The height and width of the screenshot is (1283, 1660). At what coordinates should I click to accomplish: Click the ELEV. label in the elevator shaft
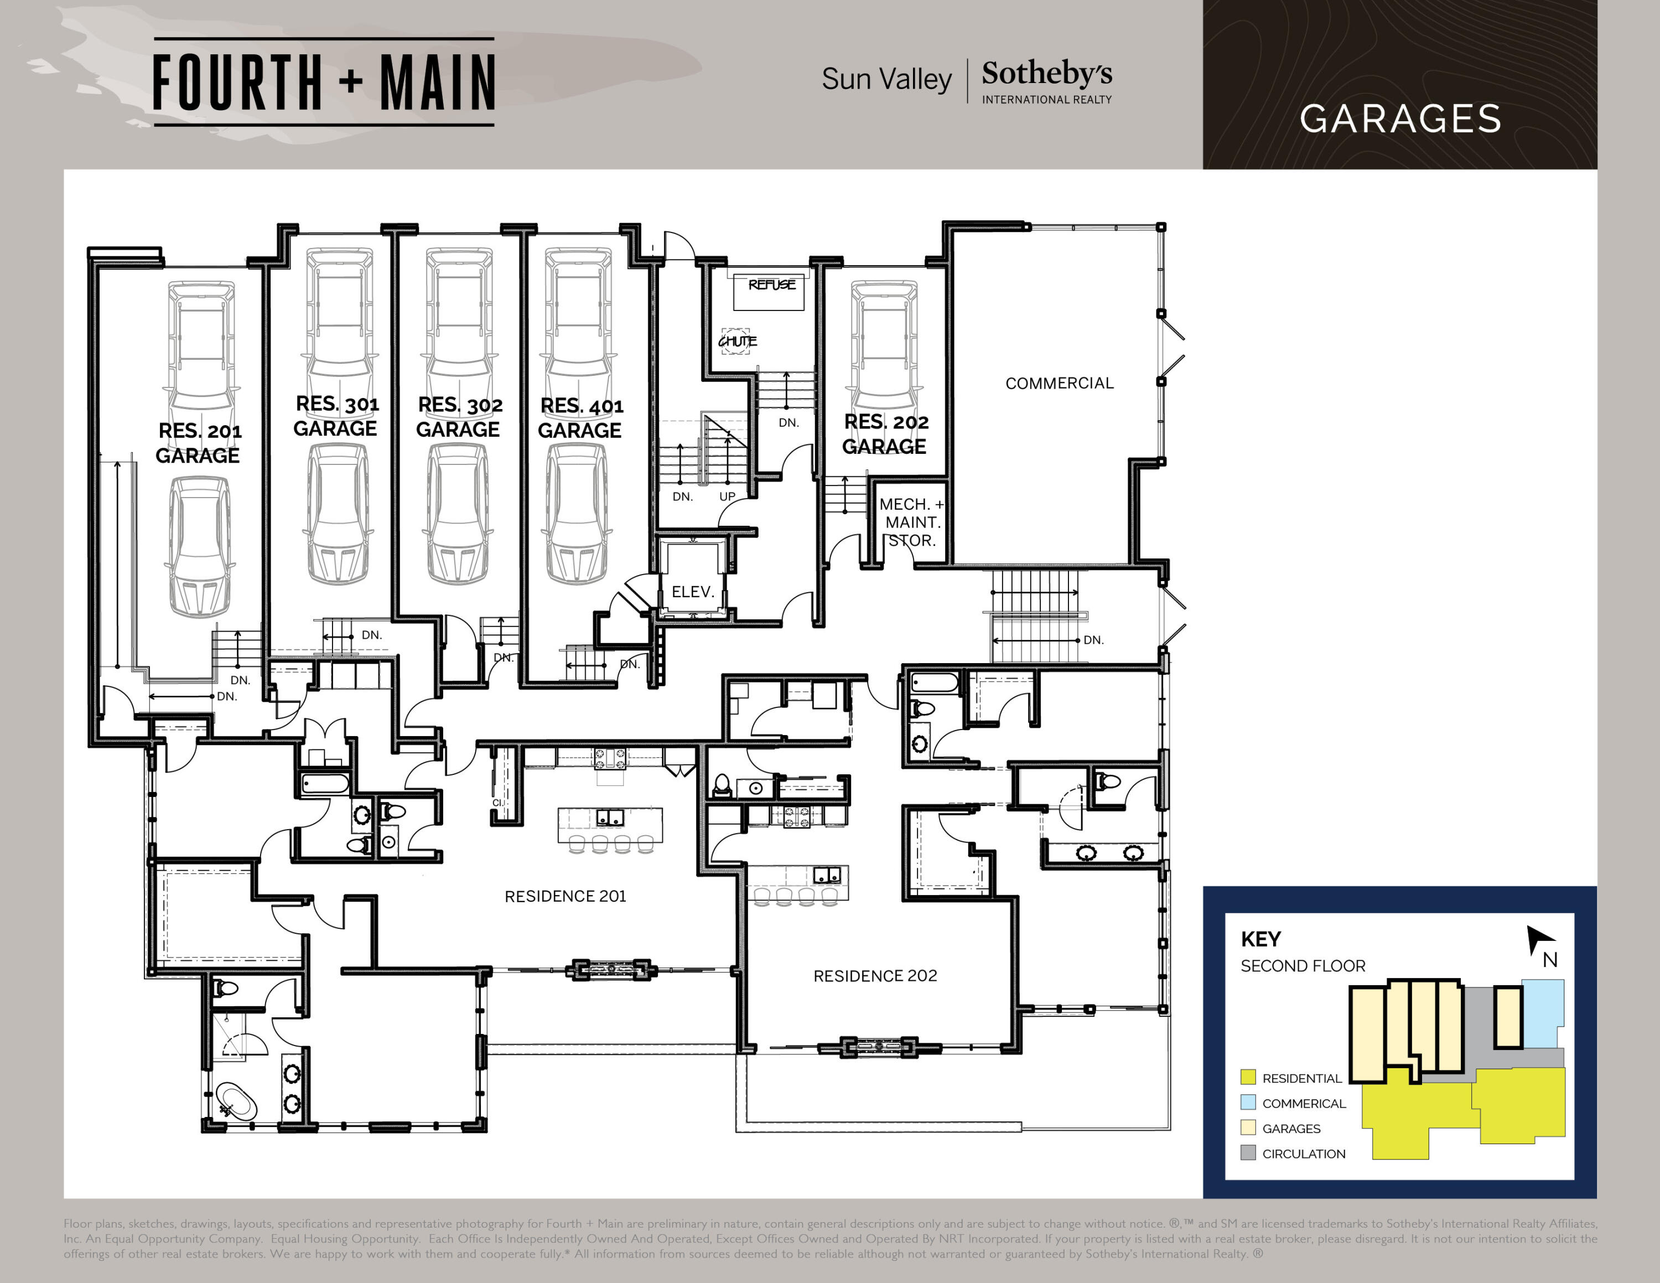(x=692, y=591)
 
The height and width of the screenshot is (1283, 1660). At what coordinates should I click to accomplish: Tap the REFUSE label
(x=771, y=285)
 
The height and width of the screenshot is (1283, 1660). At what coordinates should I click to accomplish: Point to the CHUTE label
(x=737, y=342)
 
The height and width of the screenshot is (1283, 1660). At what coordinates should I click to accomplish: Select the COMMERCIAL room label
(x=1059, y=383)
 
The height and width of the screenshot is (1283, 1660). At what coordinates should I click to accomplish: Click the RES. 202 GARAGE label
(x=885, y=434)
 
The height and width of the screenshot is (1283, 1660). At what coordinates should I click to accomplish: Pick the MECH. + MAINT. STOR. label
(x=911, y=522)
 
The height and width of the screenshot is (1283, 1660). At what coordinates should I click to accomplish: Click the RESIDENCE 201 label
(x=565, y=896)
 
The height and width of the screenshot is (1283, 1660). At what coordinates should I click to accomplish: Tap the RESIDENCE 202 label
(x=875, y=976)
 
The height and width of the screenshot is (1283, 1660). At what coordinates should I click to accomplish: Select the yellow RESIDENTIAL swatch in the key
(x=1247, y=1077)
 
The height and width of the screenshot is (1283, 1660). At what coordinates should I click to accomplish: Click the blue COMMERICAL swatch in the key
(x=1247, y=1102)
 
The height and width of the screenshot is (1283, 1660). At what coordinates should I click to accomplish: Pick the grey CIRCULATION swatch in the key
(x=1247, y=1153)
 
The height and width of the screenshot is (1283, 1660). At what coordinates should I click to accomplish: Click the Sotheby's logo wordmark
(x=1046, y=74)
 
